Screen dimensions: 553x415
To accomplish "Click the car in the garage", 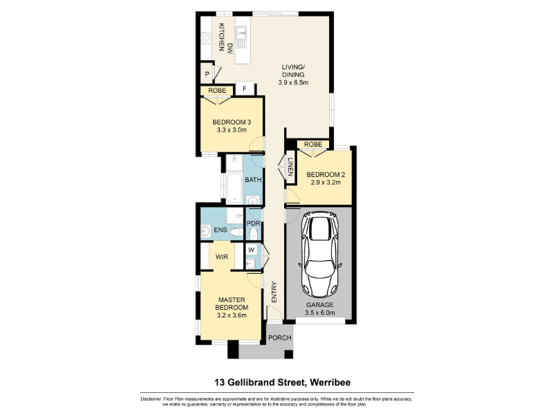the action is pyautogui.click(x=320, y=255).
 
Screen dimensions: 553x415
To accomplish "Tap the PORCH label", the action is pyautogui.click(x=280, y=338).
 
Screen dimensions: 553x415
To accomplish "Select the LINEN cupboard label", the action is pyautogui.click(x=290, y=167).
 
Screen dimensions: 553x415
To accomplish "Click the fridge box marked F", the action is pyautogui.click(x=245, y=89).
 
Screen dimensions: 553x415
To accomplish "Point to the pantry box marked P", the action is pyautogui.click(x=207, y=74).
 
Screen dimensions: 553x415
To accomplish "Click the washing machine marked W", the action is pyautogui.click(x=251, y=250).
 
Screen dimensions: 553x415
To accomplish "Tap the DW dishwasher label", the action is pyautogui.click(x=230, y=48).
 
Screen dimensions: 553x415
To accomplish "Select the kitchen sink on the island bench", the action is pyautogui.click(x=241, y=37).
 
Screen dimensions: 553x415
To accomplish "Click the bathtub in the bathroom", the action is pyautogui.click(x=234, y=187).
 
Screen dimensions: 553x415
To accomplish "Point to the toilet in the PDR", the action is pyautogui.click(x=253, y=233).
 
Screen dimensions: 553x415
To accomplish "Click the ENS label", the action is pyautogui.click(x=220, y=230).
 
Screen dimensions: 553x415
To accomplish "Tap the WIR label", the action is pyautogui.click(x=222, y=257).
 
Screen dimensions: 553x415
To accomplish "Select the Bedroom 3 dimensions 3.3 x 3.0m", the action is pyautogui.click(x=232, y=130).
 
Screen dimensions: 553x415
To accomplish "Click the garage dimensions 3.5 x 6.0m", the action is pyautogui.click(x=320, y=313).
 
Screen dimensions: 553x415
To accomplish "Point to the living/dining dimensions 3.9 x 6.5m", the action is pyautogui.click(x=293, y=82).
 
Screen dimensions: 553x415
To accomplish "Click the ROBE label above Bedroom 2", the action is pyautogui.click(x=313, y=145).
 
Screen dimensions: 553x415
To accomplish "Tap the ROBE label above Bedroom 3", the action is pyautogui.click(x=217, y=91).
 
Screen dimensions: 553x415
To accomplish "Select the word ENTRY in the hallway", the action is pyautogui.click(x=274, y=292).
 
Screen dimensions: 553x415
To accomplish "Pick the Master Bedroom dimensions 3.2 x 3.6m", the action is pyautogui.click(x=232, y=315).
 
